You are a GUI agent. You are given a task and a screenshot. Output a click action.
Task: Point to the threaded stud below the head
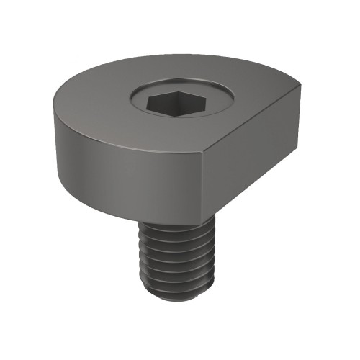click(x=173, y=259)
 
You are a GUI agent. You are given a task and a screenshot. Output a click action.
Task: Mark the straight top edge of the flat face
click(x=252, y=120)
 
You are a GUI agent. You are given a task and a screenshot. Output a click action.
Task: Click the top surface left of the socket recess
click(x=94, y=104)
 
